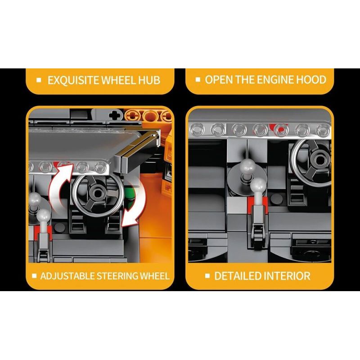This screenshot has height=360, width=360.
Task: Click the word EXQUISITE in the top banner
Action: coord(73,80)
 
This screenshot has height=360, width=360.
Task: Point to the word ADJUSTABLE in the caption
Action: coord(67,276)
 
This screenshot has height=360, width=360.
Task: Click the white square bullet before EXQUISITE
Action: coord(39,80)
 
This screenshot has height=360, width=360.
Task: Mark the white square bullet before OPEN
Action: coord(198,80)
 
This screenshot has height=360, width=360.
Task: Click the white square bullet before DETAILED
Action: coord(207,276)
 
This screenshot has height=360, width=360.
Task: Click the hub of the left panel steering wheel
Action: coord(98,194)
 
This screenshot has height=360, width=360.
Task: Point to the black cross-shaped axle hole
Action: coord(115,115)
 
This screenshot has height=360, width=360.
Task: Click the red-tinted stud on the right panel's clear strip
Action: coord(281,130)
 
